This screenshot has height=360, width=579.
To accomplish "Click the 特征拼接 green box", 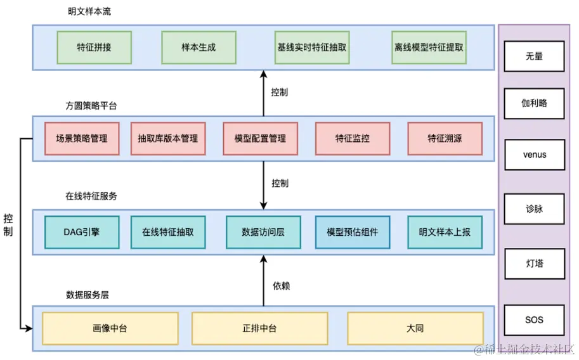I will coord(94,48).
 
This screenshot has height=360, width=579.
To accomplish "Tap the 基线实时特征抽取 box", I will coord(311,48).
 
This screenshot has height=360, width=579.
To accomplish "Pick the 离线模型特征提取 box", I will coord(429,48).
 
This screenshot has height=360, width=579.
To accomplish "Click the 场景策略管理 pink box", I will coord(81,138).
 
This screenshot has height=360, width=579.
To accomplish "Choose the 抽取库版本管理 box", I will coord(168,138).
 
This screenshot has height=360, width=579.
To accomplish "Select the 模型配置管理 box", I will coord(260,138).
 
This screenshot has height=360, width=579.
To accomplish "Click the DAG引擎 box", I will coord(82,232).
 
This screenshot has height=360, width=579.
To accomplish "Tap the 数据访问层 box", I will coord(263,232).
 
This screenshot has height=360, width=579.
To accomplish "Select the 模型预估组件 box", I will coord(352,232).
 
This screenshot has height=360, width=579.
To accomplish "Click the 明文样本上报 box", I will coord(445,232).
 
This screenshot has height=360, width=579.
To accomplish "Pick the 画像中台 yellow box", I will coord(110,328).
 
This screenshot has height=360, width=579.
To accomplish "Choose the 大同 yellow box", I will coord(415,328).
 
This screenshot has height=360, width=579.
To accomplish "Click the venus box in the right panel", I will coord(534,154).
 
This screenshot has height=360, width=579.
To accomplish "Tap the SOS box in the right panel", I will coord(534,319).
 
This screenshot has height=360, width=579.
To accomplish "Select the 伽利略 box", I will coord(534,103).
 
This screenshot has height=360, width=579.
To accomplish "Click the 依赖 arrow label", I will coord(281,286).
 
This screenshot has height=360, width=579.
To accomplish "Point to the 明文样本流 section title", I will coord(89,12).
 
